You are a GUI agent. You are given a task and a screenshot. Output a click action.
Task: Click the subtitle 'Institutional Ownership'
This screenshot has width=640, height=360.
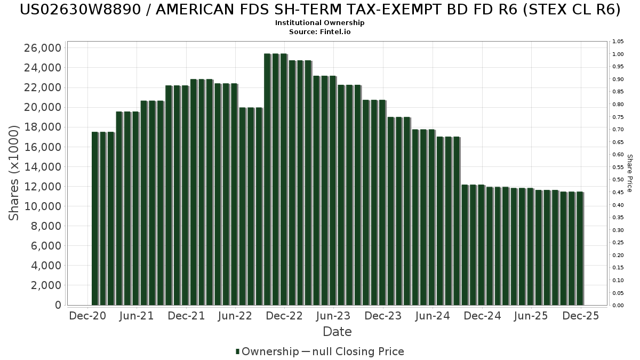(320, 23)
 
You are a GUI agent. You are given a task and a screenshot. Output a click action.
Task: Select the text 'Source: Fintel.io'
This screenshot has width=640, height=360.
(320, 32)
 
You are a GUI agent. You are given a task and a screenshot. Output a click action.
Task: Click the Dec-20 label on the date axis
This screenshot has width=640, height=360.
(88, 316)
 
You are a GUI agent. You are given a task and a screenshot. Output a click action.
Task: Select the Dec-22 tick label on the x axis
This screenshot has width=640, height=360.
(284, 316)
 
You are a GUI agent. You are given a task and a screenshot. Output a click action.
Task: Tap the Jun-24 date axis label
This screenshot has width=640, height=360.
(432, 316)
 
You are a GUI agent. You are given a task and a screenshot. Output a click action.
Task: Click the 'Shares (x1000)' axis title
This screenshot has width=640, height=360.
(14, 173)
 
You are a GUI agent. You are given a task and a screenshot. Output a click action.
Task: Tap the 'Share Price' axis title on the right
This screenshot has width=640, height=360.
(630, 173)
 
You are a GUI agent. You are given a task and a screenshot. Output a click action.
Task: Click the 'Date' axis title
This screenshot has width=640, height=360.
(337, 332)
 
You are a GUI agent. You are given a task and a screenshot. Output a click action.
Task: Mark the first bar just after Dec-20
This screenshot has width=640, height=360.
(95, 219)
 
